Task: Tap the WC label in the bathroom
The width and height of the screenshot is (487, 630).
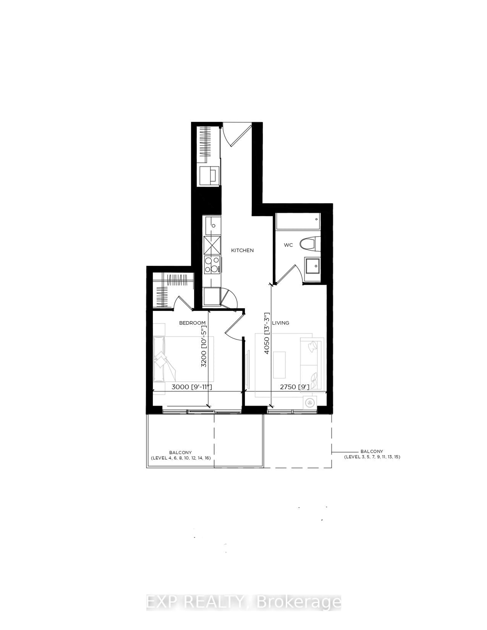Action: coord(288,245)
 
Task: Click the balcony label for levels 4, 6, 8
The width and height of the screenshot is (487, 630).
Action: coord(181,455)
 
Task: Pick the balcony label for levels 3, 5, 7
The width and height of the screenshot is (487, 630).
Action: coord(372,454)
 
